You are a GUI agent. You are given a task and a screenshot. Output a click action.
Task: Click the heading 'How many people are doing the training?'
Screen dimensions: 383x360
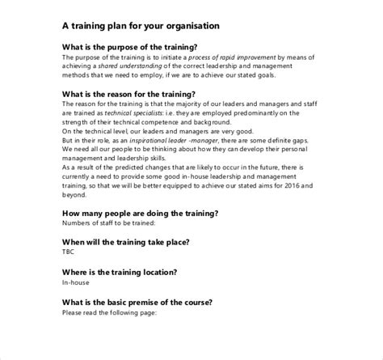140,213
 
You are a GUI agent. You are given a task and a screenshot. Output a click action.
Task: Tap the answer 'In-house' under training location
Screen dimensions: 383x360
76,282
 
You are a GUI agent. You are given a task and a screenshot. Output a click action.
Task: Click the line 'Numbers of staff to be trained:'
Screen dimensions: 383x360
107,223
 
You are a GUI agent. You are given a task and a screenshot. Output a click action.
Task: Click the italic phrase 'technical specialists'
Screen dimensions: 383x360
133,114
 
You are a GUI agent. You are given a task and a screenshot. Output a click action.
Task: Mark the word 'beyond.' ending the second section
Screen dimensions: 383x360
74,195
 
